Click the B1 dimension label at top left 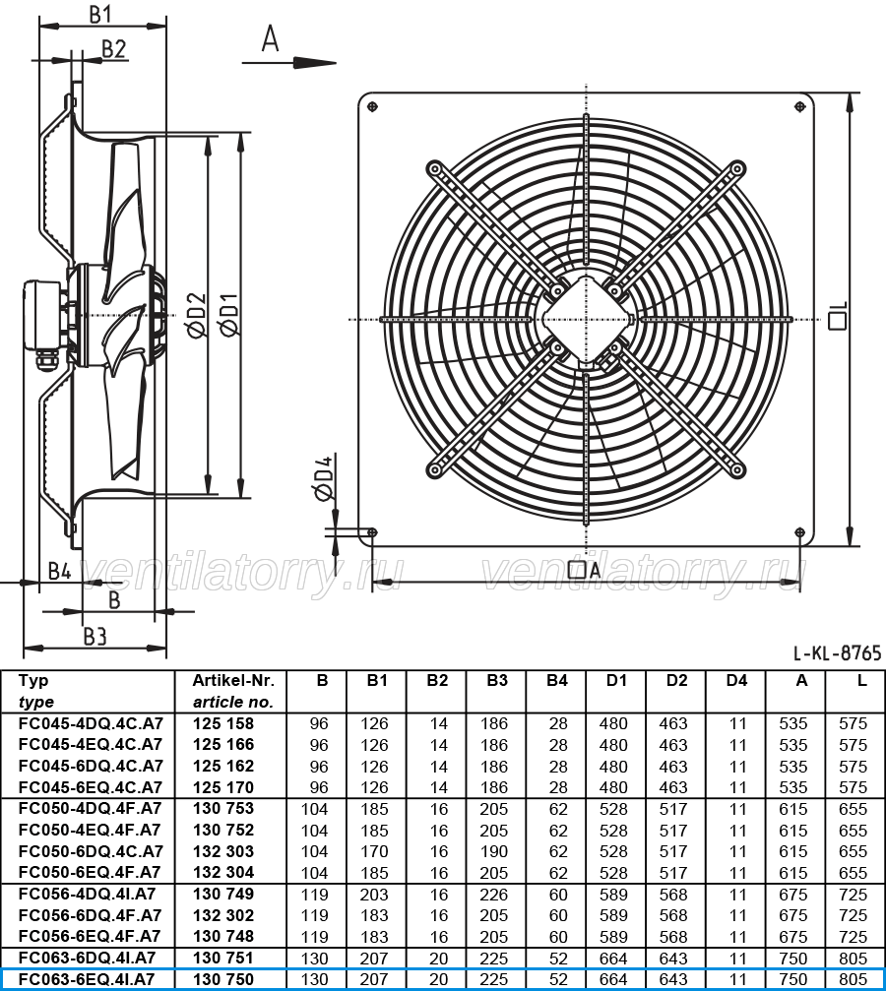[99, 13]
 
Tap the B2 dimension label [114, 48]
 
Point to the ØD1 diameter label [229, 315]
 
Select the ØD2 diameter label [196, 315]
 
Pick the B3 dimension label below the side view [95, 637]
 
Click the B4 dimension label [59, 572]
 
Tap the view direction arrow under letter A [289, 63]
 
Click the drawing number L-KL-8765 [838, 652]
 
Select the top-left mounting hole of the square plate [372, 107]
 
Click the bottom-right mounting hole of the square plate [800, 532]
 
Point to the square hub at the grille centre [587, 319]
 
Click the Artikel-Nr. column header [233, 681]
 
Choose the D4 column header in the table [736, 681]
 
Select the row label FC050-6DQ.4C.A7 [92, 851]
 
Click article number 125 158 [223, 723]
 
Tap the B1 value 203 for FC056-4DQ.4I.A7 [375, 895]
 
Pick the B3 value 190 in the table [494, 851]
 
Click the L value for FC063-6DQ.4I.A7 [854, 959]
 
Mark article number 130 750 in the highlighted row [223, 979]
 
